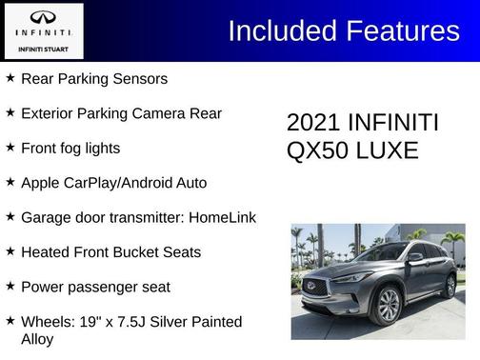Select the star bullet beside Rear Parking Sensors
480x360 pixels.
tap(10, 78)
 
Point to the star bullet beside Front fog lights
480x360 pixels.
tap(10, 148)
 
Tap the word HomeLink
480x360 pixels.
tap(222, 216)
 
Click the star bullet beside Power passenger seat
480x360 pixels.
tap(10, 286)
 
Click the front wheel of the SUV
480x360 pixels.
tap(388, 304)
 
